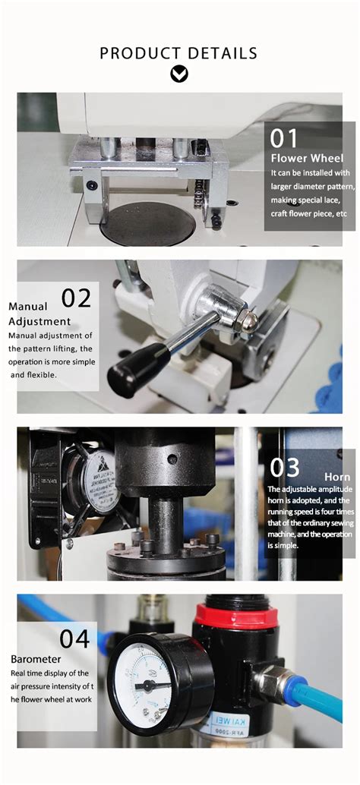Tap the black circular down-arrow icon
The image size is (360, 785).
[179, 74]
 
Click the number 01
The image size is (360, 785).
[285, 138]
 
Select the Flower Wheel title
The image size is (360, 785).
[307, 158]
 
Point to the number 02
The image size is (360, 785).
[75, 297]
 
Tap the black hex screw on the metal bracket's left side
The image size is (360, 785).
[92, 184]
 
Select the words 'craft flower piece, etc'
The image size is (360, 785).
[308, 213]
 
